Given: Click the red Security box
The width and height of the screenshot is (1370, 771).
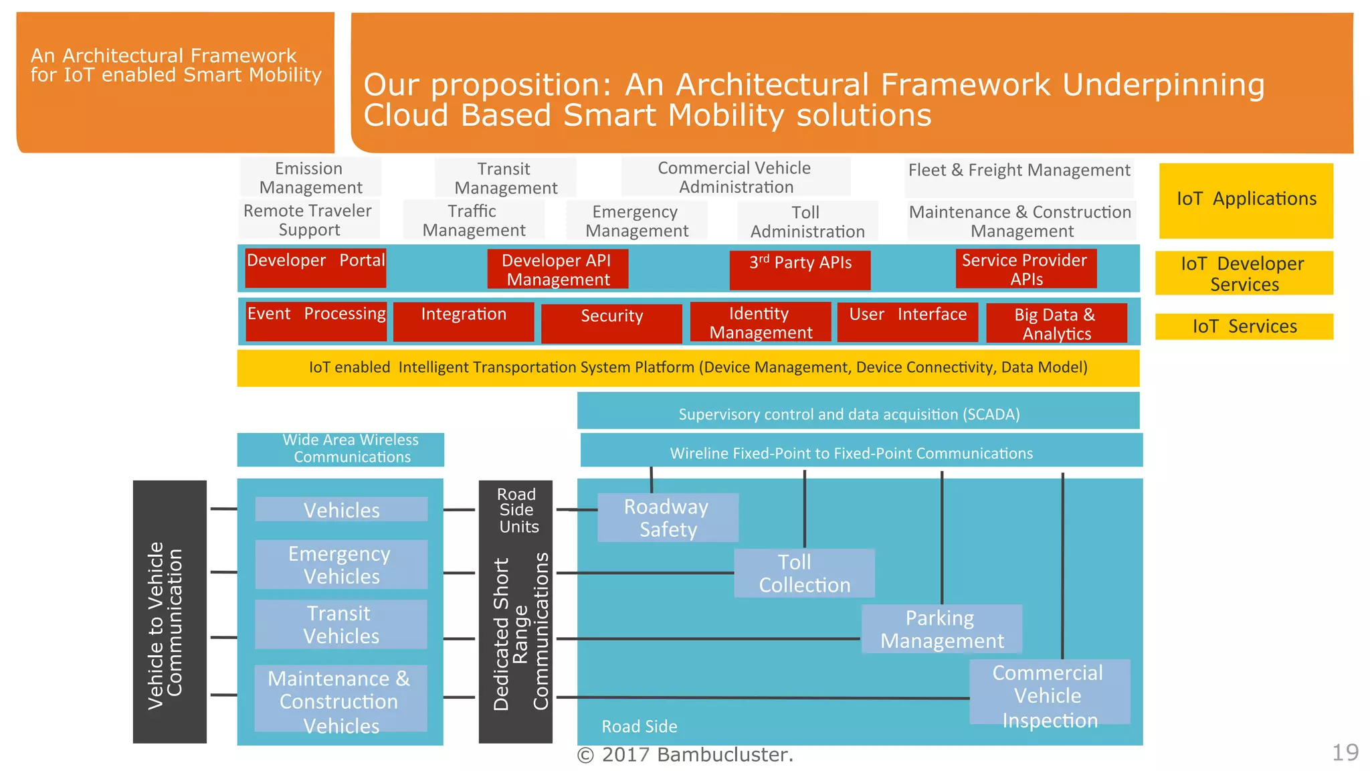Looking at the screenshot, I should [611, 323].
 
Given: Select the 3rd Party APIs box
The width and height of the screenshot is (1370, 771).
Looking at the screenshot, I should [800, 269].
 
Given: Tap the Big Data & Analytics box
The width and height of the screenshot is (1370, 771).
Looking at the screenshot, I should [1056, 323].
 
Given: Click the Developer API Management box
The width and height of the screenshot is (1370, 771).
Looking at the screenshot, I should [557, 269].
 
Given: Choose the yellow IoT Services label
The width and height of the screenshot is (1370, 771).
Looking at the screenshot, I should [1244, 327].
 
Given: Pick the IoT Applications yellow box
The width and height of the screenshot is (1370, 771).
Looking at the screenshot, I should [1246, 200].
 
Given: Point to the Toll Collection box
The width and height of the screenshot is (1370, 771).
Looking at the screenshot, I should [804, 574].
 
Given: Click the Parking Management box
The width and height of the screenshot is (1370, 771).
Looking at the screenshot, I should [941, 629].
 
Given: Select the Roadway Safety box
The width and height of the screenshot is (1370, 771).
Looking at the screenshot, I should [668, 518].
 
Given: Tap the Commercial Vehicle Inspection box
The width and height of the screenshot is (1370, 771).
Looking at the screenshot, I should [1049, 693].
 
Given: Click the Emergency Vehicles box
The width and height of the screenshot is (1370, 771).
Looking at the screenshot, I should [341, 565].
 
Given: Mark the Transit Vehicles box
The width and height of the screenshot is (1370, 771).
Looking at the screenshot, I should [341, 624].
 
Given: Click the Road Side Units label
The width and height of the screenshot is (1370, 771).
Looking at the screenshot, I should [517, 511].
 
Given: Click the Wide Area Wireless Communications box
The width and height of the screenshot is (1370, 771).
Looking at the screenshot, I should [340, 449].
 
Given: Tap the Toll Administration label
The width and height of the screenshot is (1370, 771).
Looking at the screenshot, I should [807, 222].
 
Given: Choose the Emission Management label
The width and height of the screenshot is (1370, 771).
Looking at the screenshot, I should [310, 177].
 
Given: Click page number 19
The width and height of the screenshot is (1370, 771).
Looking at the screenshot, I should [1345, 752].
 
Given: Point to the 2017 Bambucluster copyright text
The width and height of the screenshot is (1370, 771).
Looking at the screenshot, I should [685, 755].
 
